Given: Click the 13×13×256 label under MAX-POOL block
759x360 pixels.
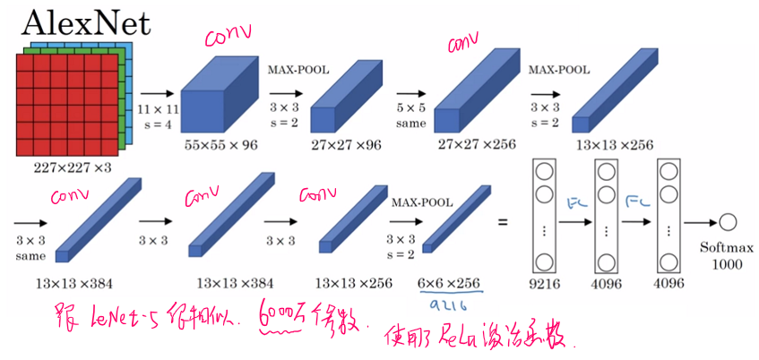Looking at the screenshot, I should (615, 143).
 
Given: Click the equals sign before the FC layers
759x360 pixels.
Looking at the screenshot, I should (503, 221).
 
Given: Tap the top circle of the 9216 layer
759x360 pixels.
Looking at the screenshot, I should (543, 168).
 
